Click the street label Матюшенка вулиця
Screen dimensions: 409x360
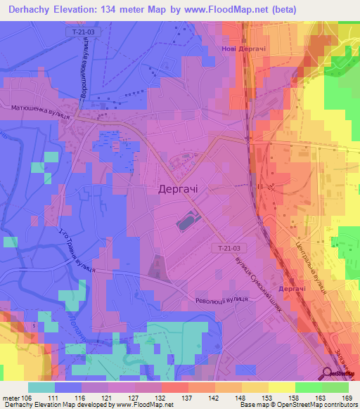click(40, 110)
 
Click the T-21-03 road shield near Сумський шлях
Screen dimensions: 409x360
click(227, 249)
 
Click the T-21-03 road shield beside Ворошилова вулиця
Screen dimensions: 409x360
click(84, 33)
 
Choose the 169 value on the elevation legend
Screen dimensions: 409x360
click(346, 397)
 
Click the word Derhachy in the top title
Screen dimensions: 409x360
click(30, 10)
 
